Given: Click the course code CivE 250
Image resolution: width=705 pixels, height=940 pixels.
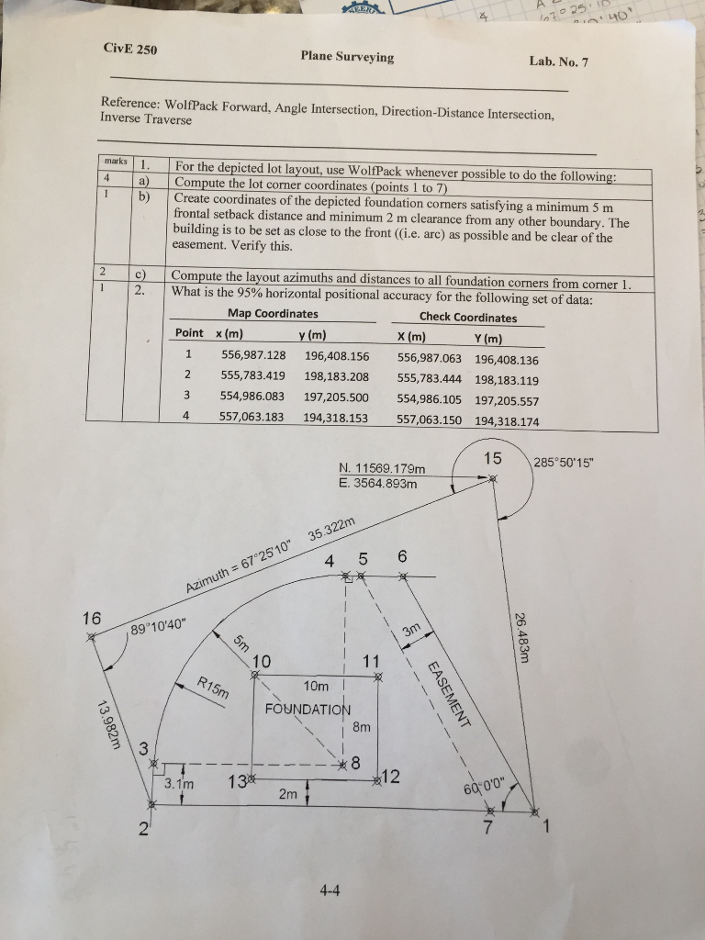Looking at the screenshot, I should click(129, 50).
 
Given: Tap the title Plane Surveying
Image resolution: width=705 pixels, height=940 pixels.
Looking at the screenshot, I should click(347, 57).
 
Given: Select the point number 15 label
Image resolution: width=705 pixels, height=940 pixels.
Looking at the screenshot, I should click(493, 458).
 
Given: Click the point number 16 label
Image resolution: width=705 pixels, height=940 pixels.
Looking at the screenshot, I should click(92, 618).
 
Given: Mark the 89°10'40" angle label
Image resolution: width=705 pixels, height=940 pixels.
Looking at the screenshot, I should click(158, 631).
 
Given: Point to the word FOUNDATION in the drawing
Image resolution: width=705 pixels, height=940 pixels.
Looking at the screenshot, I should click(308, 709).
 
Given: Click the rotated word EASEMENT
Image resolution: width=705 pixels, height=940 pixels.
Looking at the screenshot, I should click(448, 693).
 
